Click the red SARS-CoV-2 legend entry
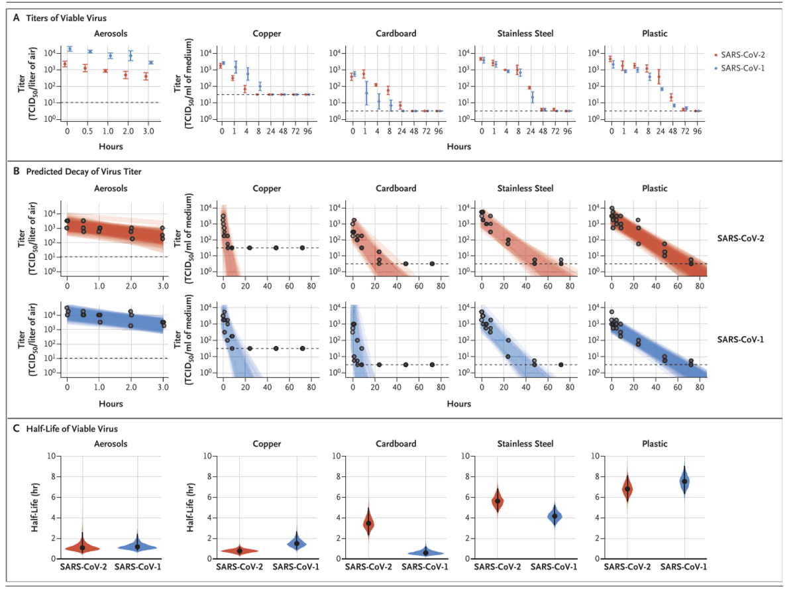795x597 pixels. click(x=739, y=55)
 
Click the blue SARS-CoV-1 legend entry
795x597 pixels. click(x=739, y=68)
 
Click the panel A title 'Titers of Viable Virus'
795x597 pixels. click(x=66, y=18)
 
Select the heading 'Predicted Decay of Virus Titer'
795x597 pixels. click(x=83, y=172)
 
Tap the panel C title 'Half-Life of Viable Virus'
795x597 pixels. click(x=72, y=429)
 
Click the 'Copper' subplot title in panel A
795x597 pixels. click(x=266, y=34)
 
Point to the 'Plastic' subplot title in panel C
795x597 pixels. click(x=655, y=444)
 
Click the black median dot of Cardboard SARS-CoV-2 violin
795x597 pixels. click(x=368, y=523)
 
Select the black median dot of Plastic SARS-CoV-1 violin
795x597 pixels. click(x=684, y=481)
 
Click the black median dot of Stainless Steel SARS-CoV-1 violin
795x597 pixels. click(x=555, y=516)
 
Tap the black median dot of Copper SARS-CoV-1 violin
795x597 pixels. click(x=297, y=543)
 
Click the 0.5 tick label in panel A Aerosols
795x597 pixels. click(x=87, y=131)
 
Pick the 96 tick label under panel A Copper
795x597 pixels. click(x=307, y=131)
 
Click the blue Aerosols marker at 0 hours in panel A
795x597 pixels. click(x=70, y=48)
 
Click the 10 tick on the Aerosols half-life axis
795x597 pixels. click(x=51, y=456)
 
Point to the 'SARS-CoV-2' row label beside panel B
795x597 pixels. click(x=741, y=239)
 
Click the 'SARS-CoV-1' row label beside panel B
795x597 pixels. click(x=741, y=339)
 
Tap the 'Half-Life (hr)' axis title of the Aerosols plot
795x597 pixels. click(x=34, y=507)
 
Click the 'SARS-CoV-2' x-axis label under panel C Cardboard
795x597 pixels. click(x=368, y=567)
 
